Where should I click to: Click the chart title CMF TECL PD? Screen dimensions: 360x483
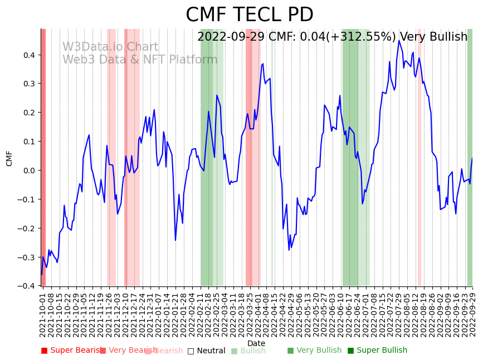tap(249, 15)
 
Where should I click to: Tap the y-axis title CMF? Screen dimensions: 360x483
tap(9, 158)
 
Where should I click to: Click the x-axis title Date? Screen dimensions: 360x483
tap(256, 343)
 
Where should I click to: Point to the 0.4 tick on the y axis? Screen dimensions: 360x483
tap(28, 55)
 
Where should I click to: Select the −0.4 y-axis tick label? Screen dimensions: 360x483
tap(26, 286)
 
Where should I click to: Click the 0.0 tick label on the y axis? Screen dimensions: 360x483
tap(28, 171)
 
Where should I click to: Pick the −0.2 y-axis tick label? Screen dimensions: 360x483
tap(26, 228)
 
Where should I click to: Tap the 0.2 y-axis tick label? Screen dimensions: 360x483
tap(28, 113)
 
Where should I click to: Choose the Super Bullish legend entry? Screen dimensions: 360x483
tap(382, 351)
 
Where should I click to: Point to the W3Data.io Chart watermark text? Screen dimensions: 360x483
tap(110, 47)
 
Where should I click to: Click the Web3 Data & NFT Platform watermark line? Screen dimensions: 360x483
tap(140, 60)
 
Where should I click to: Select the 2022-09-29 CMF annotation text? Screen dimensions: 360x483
tap(332, 37)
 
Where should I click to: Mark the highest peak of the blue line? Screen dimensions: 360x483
tap(399, 41)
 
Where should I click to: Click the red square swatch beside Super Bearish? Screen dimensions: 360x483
tap(45, 351)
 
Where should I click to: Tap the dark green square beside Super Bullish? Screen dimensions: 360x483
tap(350, 351)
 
